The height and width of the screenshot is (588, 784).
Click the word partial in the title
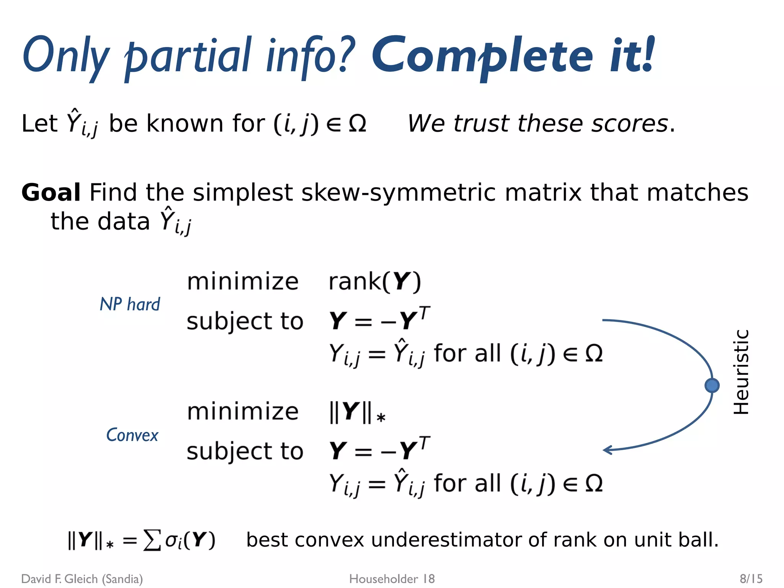(188, 57)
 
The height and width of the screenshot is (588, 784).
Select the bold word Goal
(51, 192)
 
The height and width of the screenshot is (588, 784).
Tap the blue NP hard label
(130, 304)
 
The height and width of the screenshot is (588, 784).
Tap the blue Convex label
(132, 435)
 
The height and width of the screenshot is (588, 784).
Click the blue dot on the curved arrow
(712, 385)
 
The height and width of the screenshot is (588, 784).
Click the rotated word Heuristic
(741, 372)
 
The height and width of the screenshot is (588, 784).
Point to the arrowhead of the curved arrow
(606, 450)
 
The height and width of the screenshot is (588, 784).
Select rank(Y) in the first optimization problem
(375, 282)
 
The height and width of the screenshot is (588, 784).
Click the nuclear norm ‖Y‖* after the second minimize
(357, 412)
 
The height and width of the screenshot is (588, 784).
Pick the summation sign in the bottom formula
(152, 540)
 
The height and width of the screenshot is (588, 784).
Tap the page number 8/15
(751, 578)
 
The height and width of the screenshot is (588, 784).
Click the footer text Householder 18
(392, 579)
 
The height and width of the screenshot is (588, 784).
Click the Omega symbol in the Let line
(358, 124)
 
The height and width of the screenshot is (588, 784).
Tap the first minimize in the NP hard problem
(243, 282)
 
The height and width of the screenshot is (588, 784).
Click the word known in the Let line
(185, 124)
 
